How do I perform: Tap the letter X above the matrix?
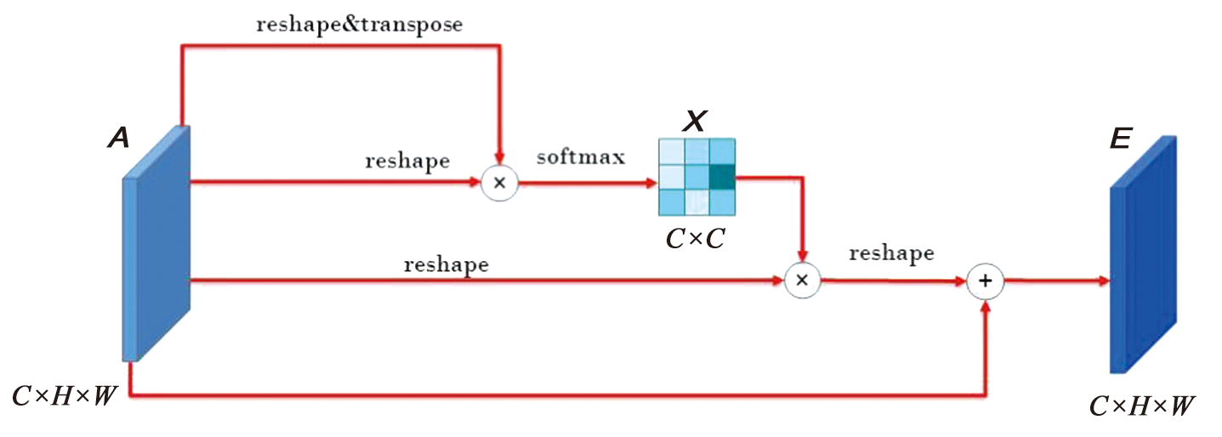point(696,122)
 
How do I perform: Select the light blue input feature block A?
point(156,243)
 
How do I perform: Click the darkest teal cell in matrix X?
point(722,177)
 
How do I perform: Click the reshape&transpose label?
point(360,25)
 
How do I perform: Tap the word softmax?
point(580,157)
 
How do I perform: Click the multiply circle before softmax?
point(499,183)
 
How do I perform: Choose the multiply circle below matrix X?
point(801,280)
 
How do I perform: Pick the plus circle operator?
point(986,281)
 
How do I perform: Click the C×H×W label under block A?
point(65,395)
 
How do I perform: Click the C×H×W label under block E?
point(1142,407)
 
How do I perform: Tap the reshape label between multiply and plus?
point(891,253)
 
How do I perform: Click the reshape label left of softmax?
point(407,161)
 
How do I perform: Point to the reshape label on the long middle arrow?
point(446,264)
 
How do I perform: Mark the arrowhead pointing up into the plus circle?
point(986,307)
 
